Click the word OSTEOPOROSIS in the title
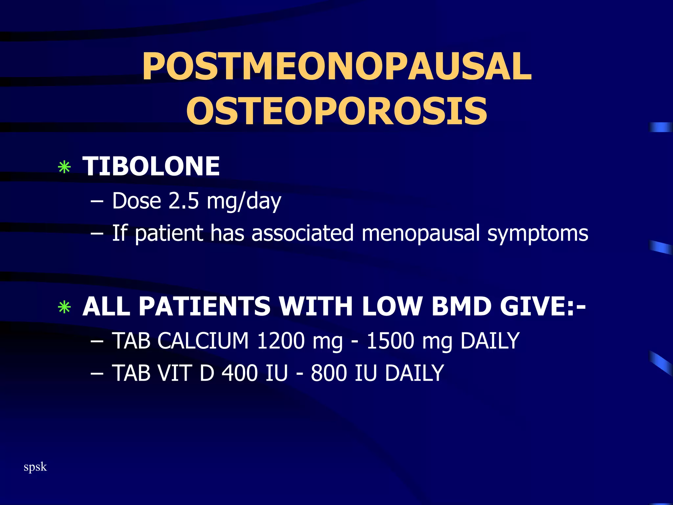(336, 111)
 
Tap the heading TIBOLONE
(151, 166)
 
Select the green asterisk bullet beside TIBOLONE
(64, 167)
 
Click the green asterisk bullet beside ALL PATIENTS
(64, 307)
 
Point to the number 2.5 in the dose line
(183, 201)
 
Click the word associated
(302, 233)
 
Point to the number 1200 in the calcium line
(281, 341)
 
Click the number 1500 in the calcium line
(390, 341)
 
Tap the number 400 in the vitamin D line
(240, 373)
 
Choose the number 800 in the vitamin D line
(329, 373)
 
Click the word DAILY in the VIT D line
(414, 373)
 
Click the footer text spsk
(35, 467)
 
